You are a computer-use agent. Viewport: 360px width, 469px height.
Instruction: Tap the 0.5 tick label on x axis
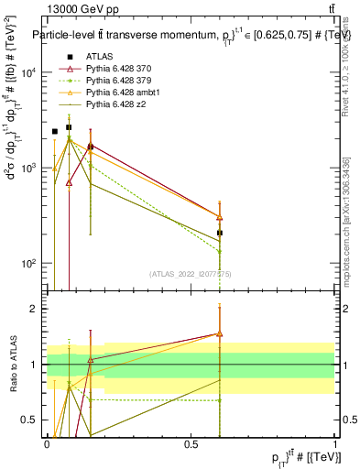pos(191,444)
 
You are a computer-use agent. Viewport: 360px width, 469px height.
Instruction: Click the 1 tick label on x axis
pos(335,444)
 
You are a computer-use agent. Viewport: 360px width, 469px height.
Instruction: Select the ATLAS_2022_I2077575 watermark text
pos(191,274)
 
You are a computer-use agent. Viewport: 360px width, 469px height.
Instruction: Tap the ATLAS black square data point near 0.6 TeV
pos(220,233)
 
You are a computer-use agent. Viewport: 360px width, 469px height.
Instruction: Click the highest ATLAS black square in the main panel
pos(69,127)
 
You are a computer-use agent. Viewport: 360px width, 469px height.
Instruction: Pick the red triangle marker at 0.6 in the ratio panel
pos(220,334)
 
